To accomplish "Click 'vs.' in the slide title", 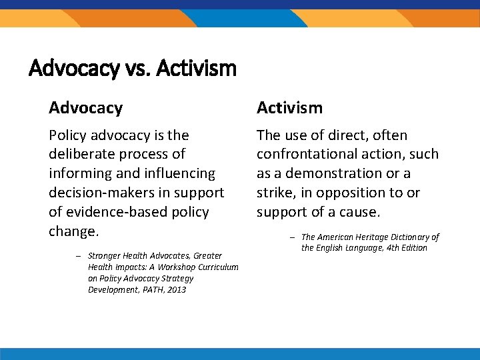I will click(x=137, y=68).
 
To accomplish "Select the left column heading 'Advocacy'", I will click(x=85, y=107).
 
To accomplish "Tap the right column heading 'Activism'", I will click(x=289, y=107).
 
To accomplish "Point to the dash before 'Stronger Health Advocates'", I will click(x=79, y=256).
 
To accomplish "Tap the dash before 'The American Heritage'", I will click(x=292, y=237).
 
